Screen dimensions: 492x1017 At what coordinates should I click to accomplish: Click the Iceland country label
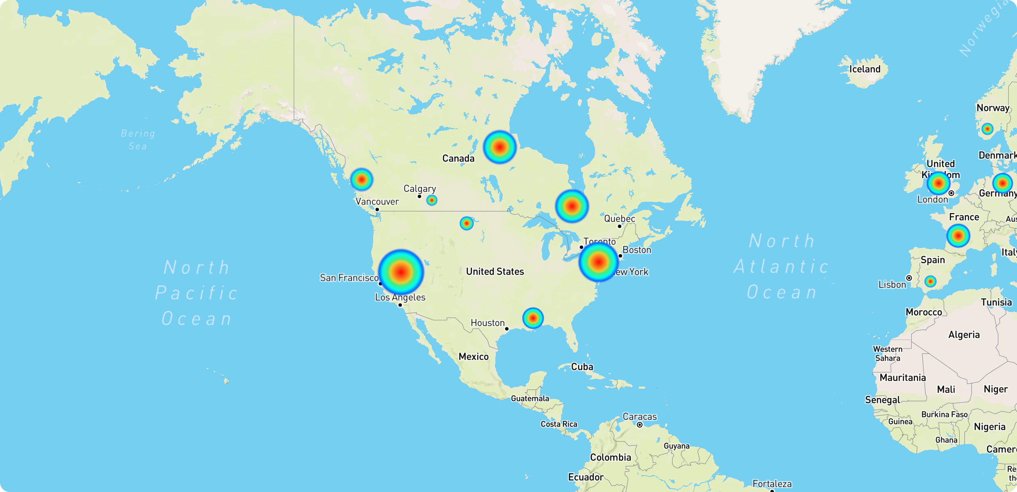pyautogui.click(x=864, y=69)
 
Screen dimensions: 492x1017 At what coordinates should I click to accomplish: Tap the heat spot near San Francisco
pyautogui.click(x=401, y=271)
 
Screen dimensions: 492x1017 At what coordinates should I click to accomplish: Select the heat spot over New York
pyautogui.click(x=599, y=261)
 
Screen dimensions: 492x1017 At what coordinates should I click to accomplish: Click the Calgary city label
pyautogui.click(x=420, y=189)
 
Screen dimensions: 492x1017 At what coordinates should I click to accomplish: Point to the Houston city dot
pyautogui.click(x=507, y=329)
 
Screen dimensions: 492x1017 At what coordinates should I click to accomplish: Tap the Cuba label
pyautogui.click(x=582, y=367)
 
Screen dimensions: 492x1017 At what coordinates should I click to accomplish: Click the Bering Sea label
pyautogui.click(x=138, y=140)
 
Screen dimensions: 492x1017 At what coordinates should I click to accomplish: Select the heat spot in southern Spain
pyautogui.click(x=930, y=281)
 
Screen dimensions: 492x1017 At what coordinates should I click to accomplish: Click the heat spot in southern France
pyautogui.click(x=958, y=236)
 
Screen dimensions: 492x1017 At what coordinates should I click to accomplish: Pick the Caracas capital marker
pyautogui.click(x=640, y=425)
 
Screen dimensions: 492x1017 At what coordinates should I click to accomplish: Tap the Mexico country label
pyautogui.click(x=473, y=357)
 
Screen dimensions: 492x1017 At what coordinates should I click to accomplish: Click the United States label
pyautogui.click(x=495, y=271)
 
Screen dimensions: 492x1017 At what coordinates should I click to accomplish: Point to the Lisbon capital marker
pyautogui.click(x=909, y=278)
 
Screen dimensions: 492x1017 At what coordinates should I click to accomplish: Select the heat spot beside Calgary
pyautogui.click(x=431, y=200)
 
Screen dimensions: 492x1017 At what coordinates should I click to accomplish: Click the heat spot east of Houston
pyautogui.click(x=533, y=318)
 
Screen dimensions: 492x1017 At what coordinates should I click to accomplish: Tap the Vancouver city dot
pyautogui.click(x=377, y=210)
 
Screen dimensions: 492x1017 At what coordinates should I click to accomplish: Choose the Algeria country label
pyautogui.click(x=964, y=335)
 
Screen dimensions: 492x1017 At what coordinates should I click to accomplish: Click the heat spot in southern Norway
pyautogui.click(x=987, y=129)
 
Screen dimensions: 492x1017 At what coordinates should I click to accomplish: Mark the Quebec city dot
pyautogui.click(x=620, y=226)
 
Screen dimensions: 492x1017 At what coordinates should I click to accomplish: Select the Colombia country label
pyautogui.click(x=610, y=458)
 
